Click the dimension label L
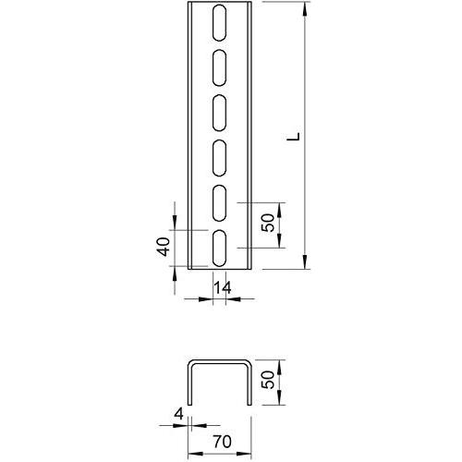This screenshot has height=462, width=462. click(x=292, y=138)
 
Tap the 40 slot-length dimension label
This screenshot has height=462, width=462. click(x=163, y=247)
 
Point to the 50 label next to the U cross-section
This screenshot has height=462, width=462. click(x=267, y=379)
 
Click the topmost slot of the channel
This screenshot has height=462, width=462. click(x=221, y=20)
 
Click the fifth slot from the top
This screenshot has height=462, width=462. click(x=221, y=202)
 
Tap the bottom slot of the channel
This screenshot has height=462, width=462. click(x=221, y=248)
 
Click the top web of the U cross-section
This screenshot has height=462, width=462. click(x=219, y=359)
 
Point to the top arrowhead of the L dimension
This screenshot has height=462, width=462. click(x=304, y=9)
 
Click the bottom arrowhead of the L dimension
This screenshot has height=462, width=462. click(x=304, y=262)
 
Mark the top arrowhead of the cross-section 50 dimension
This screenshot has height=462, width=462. click(x=280, y=362)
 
